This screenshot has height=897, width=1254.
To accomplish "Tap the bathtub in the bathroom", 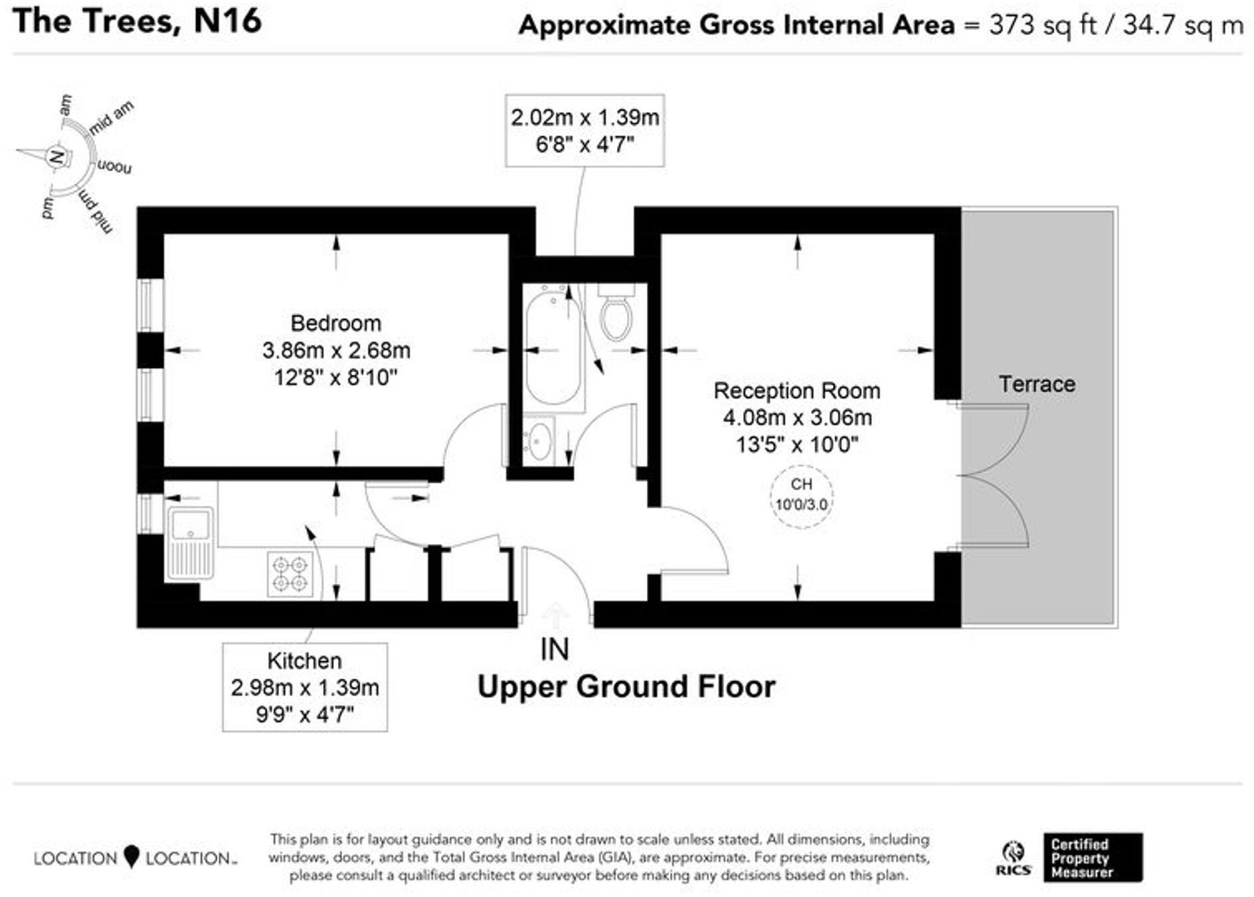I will pos(553,349).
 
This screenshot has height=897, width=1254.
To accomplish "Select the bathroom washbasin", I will pos(539,441).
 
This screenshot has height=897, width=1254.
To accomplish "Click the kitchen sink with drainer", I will pos(190,542).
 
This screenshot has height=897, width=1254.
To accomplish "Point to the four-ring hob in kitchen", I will pos(290,573).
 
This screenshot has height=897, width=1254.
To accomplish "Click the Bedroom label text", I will pos(336,324).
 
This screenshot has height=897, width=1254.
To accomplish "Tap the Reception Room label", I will pos(797,391).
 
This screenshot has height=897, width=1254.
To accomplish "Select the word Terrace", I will pos(1037,384).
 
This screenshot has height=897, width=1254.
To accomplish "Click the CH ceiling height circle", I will pos(802,496).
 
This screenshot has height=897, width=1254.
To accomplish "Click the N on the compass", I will pos(57,157).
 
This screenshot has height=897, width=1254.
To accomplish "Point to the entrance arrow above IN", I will pos(555,615).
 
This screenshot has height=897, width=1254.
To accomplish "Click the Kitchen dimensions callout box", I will pos(305,688).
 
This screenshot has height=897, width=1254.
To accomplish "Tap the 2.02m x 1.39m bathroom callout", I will pos(584,130).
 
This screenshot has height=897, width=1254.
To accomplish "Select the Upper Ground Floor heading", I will pos(626,687).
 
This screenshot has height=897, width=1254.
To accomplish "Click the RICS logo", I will pos(1014,858).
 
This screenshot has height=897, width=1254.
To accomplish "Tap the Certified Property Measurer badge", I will pos(1093,858).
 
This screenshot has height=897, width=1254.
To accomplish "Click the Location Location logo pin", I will pos(132,856).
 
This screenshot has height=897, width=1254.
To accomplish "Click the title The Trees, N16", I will pos(137,21).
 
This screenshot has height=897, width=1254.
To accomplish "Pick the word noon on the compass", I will pos(114,167).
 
